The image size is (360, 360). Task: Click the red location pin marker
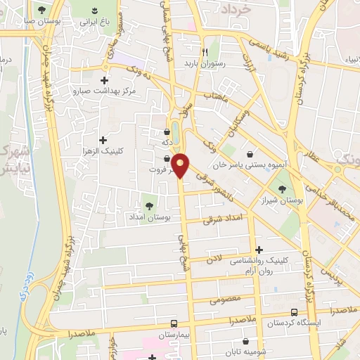click(181, 165)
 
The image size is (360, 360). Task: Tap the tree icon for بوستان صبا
click(42, 9)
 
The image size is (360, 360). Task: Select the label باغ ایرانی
click(82, 22)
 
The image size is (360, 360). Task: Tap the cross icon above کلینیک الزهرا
click(104, 139)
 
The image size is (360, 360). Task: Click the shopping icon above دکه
click(167, 131)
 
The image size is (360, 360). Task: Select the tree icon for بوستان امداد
click(149, 205)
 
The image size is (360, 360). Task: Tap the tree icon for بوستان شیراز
click(283, 188)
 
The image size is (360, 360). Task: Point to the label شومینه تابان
click(241, 352)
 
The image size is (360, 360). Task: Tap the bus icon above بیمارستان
click(173, 323)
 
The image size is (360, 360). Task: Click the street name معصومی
click(224, 300)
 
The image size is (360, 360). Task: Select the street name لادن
click(214, 259)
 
